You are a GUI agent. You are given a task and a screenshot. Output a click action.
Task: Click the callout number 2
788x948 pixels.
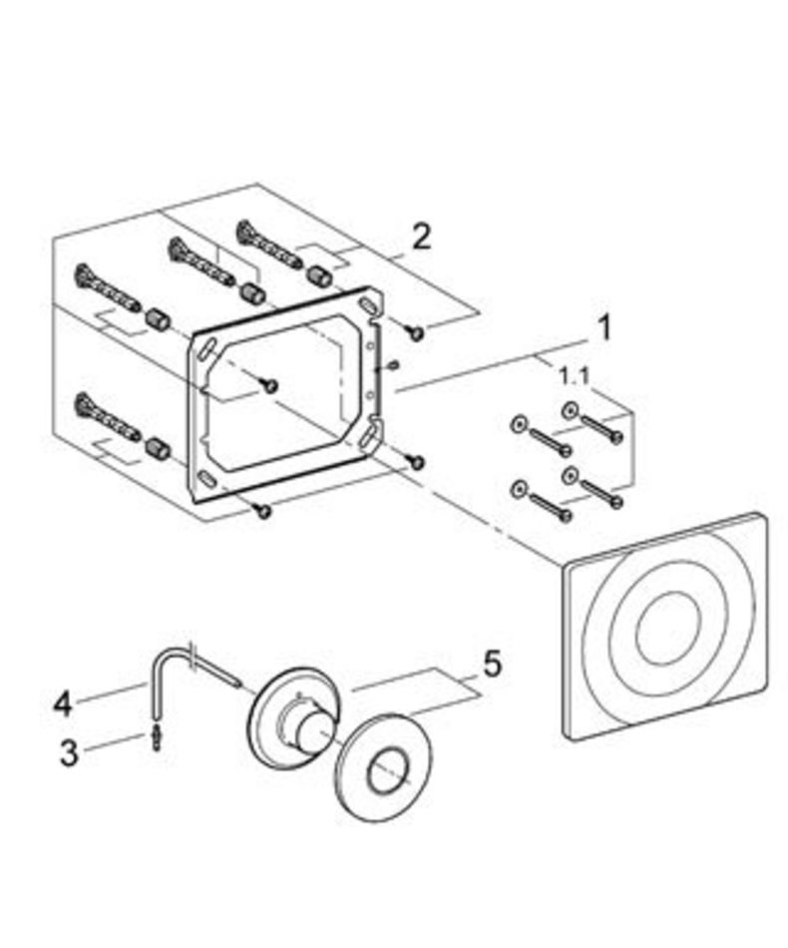click(x=421, y=237)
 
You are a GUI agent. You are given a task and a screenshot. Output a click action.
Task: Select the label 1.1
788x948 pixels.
click(x=575, y=377)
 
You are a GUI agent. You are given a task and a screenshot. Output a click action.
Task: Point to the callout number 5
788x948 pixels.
click(x=492, y=665)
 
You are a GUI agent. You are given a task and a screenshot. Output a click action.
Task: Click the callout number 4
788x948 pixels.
click(x=63, y=705)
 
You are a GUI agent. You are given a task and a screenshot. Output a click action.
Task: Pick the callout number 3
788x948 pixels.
click(x=69, y=752)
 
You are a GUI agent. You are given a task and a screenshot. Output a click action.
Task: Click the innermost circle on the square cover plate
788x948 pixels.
click(x=667, y=627)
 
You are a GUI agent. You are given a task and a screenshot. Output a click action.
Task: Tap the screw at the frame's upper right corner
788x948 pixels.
click(x=416, y=331)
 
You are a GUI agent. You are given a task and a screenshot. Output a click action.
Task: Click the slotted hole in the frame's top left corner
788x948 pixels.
click(x=205, y=349)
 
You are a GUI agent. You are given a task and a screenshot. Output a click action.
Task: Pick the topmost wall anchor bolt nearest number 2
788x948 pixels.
click(x=268, y=245)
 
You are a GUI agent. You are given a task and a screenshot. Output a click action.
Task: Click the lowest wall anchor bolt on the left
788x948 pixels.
click(x=107, y=417)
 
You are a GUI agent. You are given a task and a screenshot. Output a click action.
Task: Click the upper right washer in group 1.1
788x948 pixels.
click(x=570, y=411)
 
